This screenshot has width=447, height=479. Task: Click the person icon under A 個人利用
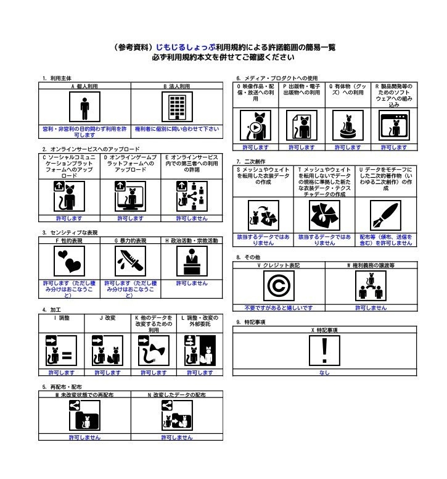point(84,109)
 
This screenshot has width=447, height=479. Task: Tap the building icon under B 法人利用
point(177,109)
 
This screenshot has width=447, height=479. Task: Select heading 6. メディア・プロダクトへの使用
point(277,78)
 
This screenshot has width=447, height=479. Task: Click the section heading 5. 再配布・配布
point(58,386)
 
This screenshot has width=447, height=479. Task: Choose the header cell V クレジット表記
point(279,265)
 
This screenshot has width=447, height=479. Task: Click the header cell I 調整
point(62,317)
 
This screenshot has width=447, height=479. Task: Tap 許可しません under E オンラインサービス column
point(192,218)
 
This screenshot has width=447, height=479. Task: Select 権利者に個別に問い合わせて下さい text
point(177,129)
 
